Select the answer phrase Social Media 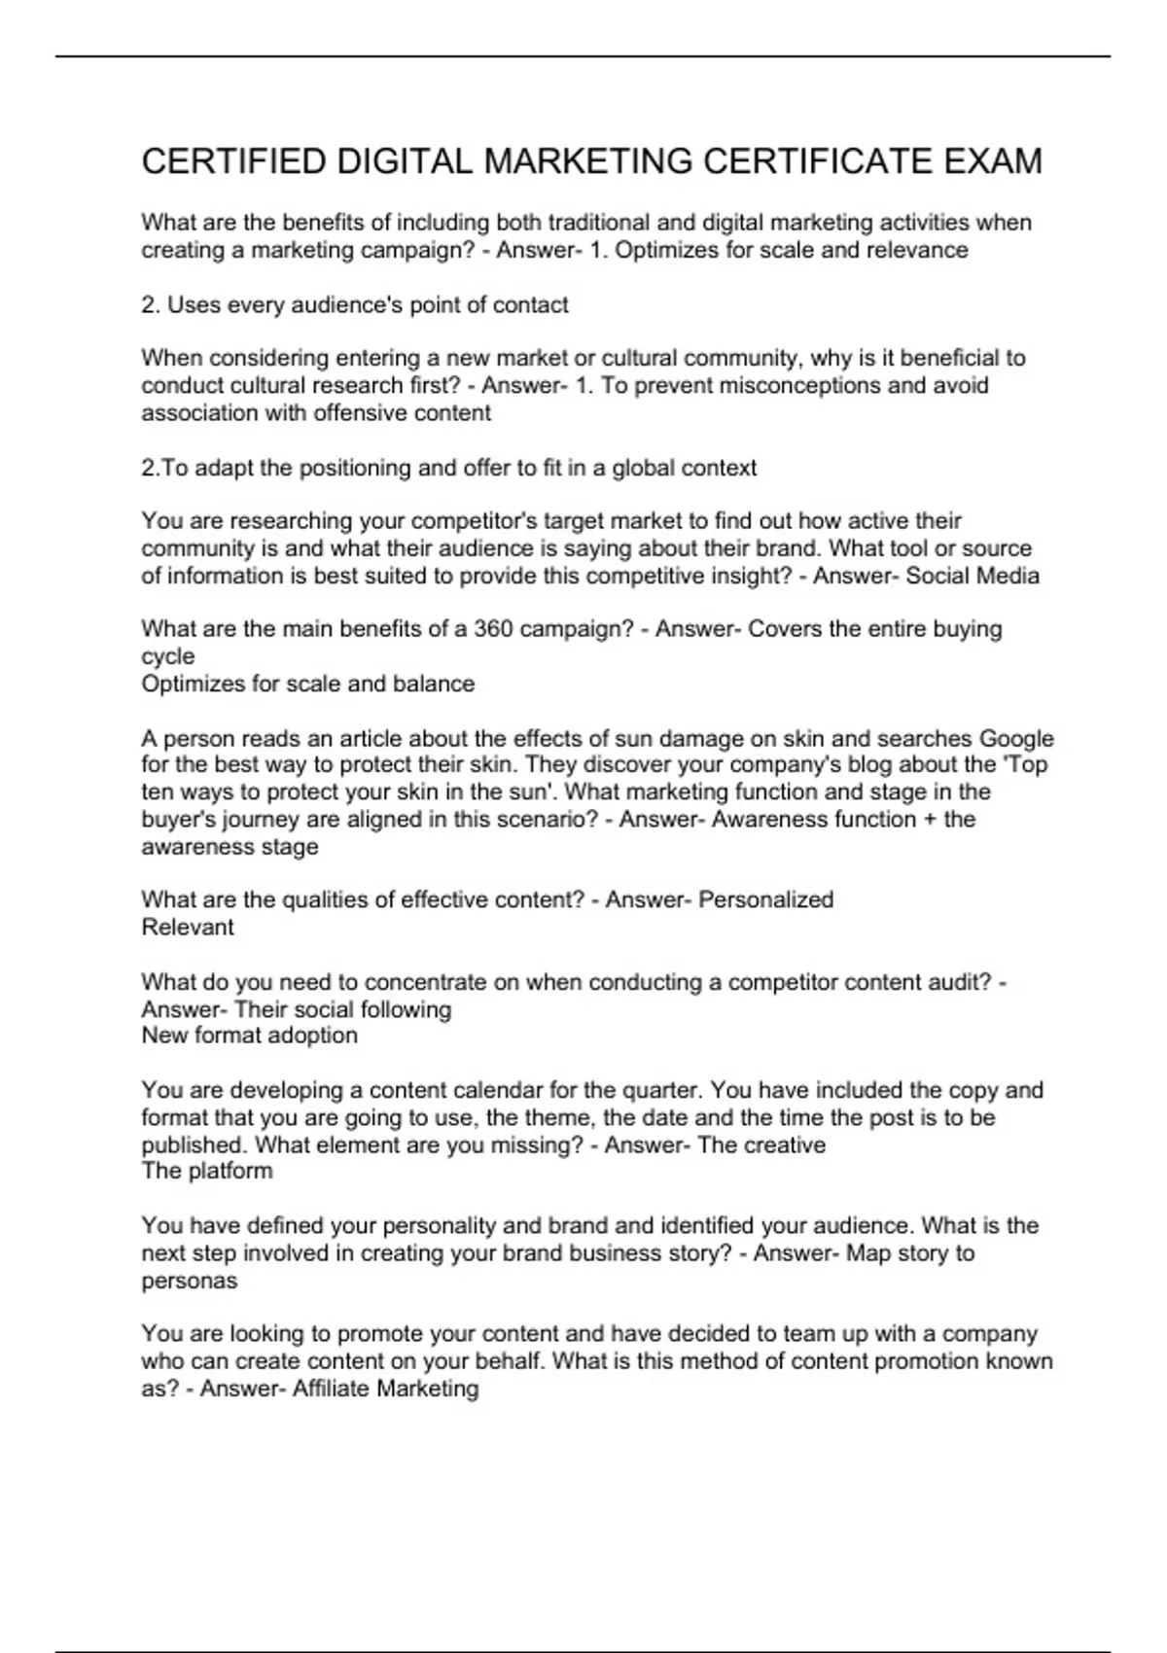[972, 576]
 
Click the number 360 [493, 629]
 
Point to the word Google [1016, 738]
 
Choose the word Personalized [765, 899]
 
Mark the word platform [230, 1171]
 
